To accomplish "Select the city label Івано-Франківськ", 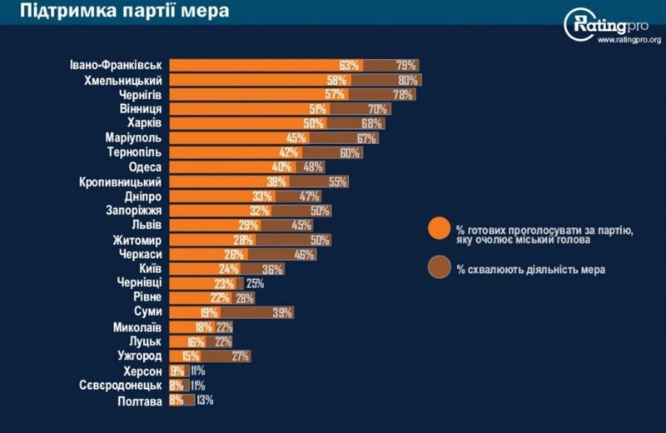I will [117, 65].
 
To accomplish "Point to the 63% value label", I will [349, 65].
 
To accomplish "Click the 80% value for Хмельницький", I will [408, 80].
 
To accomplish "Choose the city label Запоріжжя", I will [133, 211].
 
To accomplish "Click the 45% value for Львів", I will [301, 225].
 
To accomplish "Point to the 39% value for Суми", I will [281, 312].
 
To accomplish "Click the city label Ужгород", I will [138, 356].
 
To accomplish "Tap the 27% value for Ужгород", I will [240, 356].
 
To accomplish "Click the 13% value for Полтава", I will [205, 400].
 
